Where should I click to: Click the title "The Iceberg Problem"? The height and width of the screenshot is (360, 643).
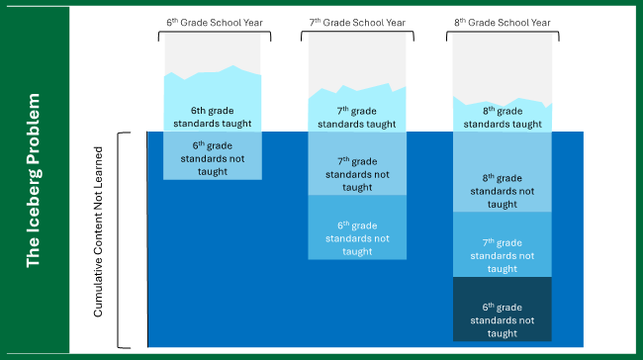pyautogui.click(x=34, y=180)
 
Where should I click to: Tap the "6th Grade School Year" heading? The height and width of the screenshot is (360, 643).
pyautogui.click(x=212, y=20)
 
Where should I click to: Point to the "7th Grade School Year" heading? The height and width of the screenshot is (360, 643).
pyautogui.click(x=357, y=20)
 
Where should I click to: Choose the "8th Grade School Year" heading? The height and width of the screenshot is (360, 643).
pyautogui.click(x=503, y=20)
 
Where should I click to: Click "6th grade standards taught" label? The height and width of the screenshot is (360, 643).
pyautogui.click(x=213, y=118)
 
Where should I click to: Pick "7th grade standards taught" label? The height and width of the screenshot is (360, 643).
pyautogui.click(x=357, y=118)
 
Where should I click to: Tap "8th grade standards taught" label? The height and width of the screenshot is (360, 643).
pyautogui.click(x=503, y=118)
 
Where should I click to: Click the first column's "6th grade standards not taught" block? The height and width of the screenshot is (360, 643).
pyautogui.click(x=213, y=157)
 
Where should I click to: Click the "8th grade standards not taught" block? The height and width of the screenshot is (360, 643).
pyautogui.click(x=503, y=191)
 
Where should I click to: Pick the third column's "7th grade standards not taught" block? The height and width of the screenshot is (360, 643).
pyautogui.click(x=503, y=255)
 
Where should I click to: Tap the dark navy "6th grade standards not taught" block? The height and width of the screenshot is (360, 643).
pyautogui.click(x=503, y=319)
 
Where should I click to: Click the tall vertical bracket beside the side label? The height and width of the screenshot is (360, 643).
pyautogui.click(x=121, y=240)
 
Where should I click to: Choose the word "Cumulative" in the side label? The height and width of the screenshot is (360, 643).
pyautogui.click(x=98, y=287)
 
